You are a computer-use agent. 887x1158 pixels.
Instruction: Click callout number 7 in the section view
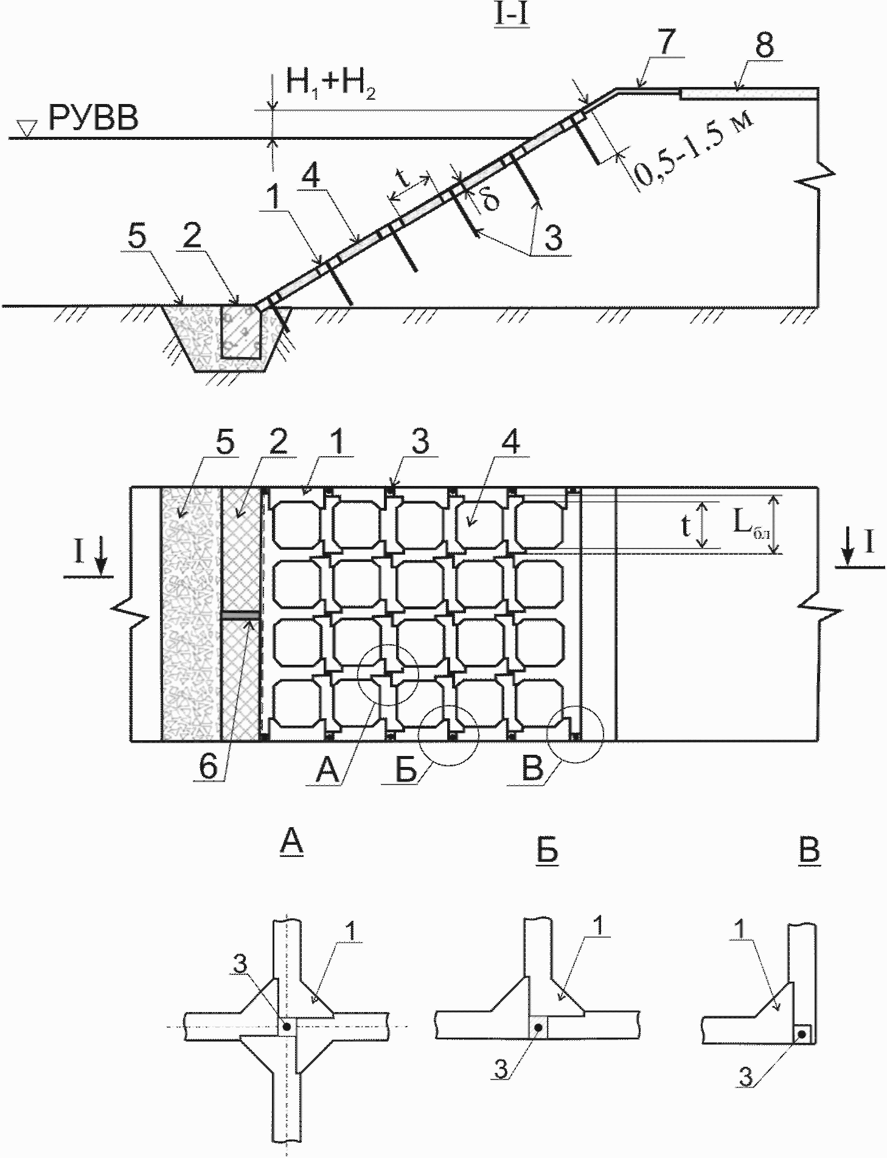click(667, 44)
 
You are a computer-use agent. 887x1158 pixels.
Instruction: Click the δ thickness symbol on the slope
click(490, 198)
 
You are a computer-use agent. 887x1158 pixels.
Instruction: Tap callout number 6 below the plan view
click(208, 767)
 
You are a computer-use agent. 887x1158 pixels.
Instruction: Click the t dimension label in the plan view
click(685, 527)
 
